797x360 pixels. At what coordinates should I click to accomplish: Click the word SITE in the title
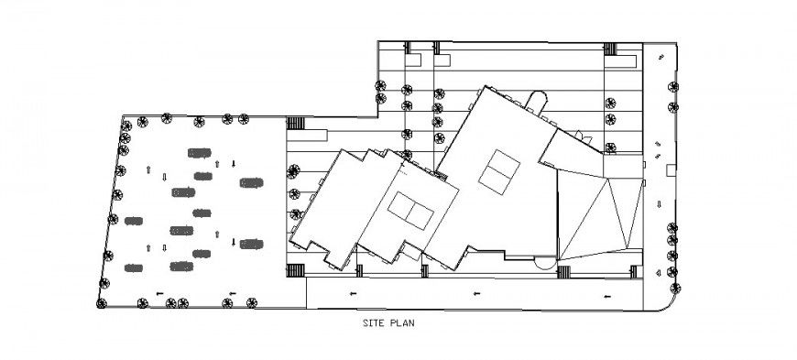coord(374,323)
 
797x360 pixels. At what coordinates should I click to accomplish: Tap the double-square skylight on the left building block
coord(409,213)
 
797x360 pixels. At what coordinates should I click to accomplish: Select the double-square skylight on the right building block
coord(499,172)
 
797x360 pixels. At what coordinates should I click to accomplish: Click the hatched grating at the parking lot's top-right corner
coord(295,124)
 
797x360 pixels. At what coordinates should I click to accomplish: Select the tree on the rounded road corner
coord(676,287)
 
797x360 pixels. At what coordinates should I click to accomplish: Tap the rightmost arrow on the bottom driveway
coord(607,293)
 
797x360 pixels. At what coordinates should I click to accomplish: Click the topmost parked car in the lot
coord(196,151)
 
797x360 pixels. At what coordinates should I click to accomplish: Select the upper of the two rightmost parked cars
coord(250,183)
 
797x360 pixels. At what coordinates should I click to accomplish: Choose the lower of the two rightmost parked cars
coord(250,244)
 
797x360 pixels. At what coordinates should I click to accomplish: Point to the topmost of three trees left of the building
coord(293,170)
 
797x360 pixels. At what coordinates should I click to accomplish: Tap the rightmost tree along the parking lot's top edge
coord(243,118)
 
